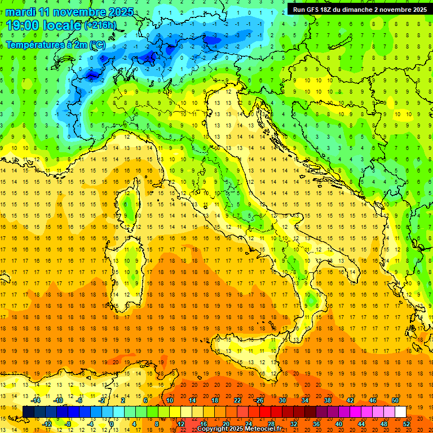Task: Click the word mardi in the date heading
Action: [x=21, y=12]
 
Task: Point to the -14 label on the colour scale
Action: [x=36, y=400]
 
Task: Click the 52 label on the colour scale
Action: [x=407, y=424]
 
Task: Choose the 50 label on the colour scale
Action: [x=395, y=400]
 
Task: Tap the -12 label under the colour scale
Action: [x=47, y=424]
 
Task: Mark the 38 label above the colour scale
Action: [x=327, y=400]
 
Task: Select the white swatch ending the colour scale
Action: [x=400, y=412]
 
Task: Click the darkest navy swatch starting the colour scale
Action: [x=28, y=412]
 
